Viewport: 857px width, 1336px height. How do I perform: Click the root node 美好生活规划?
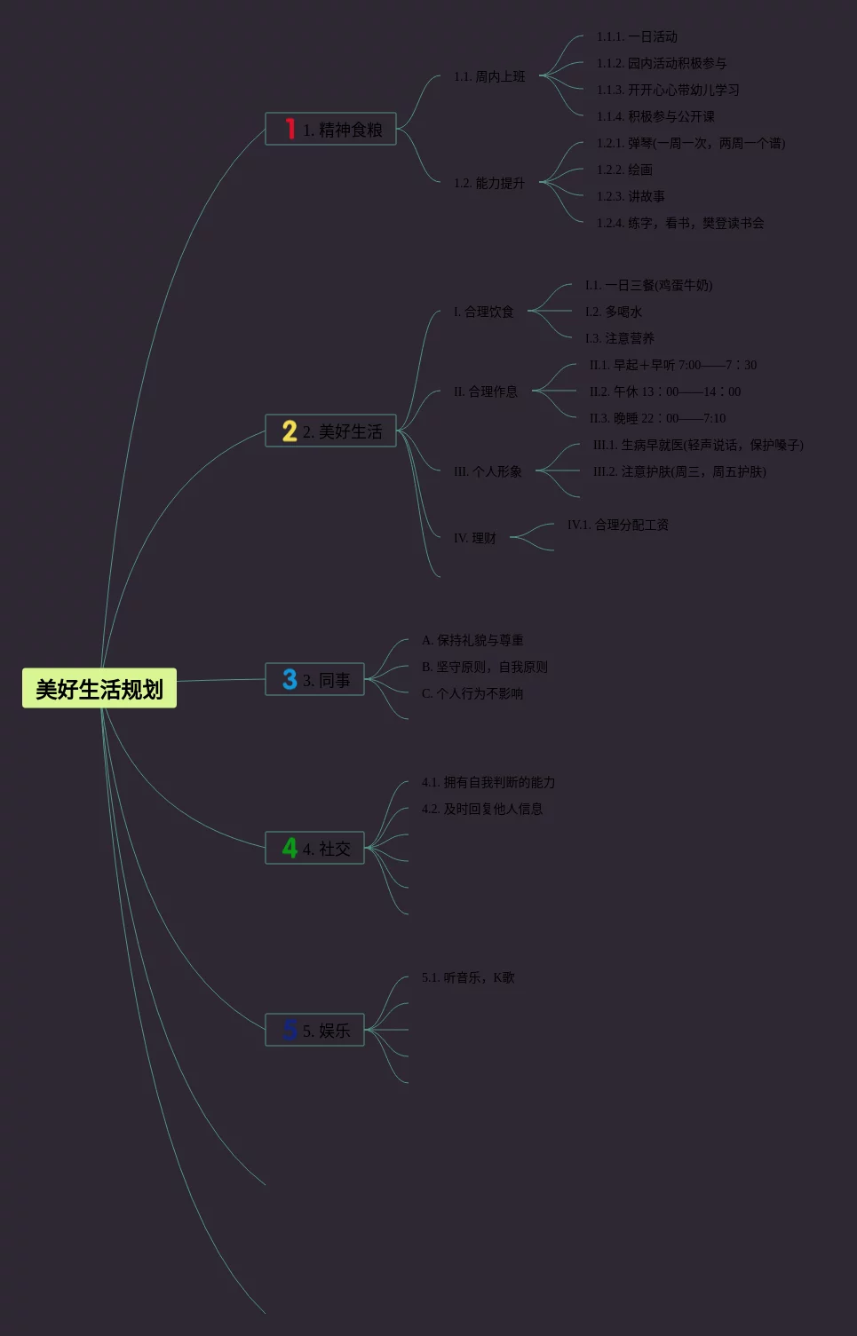[x=99, y=688]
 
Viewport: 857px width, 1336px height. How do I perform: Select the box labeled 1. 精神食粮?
[x=330, y=129]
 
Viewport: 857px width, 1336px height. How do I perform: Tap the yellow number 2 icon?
[x=290, y=431]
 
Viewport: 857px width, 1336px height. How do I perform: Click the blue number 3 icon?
[x=290, y=680]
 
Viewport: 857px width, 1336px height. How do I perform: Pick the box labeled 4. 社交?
[x=314, y=848]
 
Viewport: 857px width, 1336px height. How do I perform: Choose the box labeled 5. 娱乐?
[x=314, y=1030]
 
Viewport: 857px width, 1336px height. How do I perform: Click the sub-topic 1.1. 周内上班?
[x=489, y=76]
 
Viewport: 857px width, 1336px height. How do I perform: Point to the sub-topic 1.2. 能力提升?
[x=489, y=183]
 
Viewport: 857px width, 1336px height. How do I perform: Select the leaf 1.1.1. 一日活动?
[x=637, y=36]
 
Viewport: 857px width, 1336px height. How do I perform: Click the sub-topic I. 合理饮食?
[x=484, y=312]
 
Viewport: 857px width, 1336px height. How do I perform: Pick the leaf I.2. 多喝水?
[x=613, y=312]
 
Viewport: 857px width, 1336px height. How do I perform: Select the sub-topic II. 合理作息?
[x=486, y=391]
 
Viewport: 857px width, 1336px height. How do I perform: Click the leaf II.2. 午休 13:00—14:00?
[x=665, y=391]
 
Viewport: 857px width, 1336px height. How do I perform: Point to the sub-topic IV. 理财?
[x=475, y=538]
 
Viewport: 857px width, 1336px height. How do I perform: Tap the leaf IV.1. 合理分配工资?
[x=618, y=525]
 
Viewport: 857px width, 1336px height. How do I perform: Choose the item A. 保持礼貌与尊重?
[x=472, y=640]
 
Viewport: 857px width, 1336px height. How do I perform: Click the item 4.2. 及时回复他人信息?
[x=482, y=809]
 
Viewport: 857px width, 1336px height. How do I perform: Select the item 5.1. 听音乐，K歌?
[x=468, y=977]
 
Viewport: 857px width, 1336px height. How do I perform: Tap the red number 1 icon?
[x=290, y=129]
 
